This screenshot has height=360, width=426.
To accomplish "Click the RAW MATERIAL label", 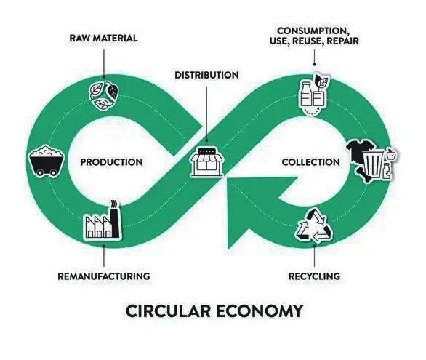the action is [103, 38].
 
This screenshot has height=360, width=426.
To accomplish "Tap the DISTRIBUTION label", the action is [206, 75].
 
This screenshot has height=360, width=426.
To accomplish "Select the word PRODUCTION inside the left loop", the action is [111, 162].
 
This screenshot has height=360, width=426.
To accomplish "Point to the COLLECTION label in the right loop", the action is [311, 162].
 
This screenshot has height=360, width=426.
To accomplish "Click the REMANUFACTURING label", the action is [104, 276].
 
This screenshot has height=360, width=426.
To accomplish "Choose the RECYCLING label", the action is [314, 276].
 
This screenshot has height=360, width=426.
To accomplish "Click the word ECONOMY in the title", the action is [260, 311].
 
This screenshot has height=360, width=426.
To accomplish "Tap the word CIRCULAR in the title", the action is [168, 311].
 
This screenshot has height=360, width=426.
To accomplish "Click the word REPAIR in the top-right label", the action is [342, 41].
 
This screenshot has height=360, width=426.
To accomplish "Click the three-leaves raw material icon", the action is [104, 96].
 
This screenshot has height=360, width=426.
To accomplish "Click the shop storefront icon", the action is [206, 162].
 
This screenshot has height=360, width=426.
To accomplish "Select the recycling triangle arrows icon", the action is [314, 226].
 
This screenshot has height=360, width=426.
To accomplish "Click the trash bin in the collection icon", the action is [373, 164].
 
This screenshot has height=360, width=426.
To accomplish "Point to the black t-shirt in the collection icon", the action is [356, 151].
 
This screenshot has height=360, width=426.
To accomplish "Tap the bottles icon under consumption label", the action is [314, 94].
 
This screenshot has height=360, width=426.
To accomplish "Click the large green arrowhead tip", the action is [228, 248].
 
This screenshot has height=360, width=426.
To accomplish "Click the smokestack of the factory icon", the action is [115, 219].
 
